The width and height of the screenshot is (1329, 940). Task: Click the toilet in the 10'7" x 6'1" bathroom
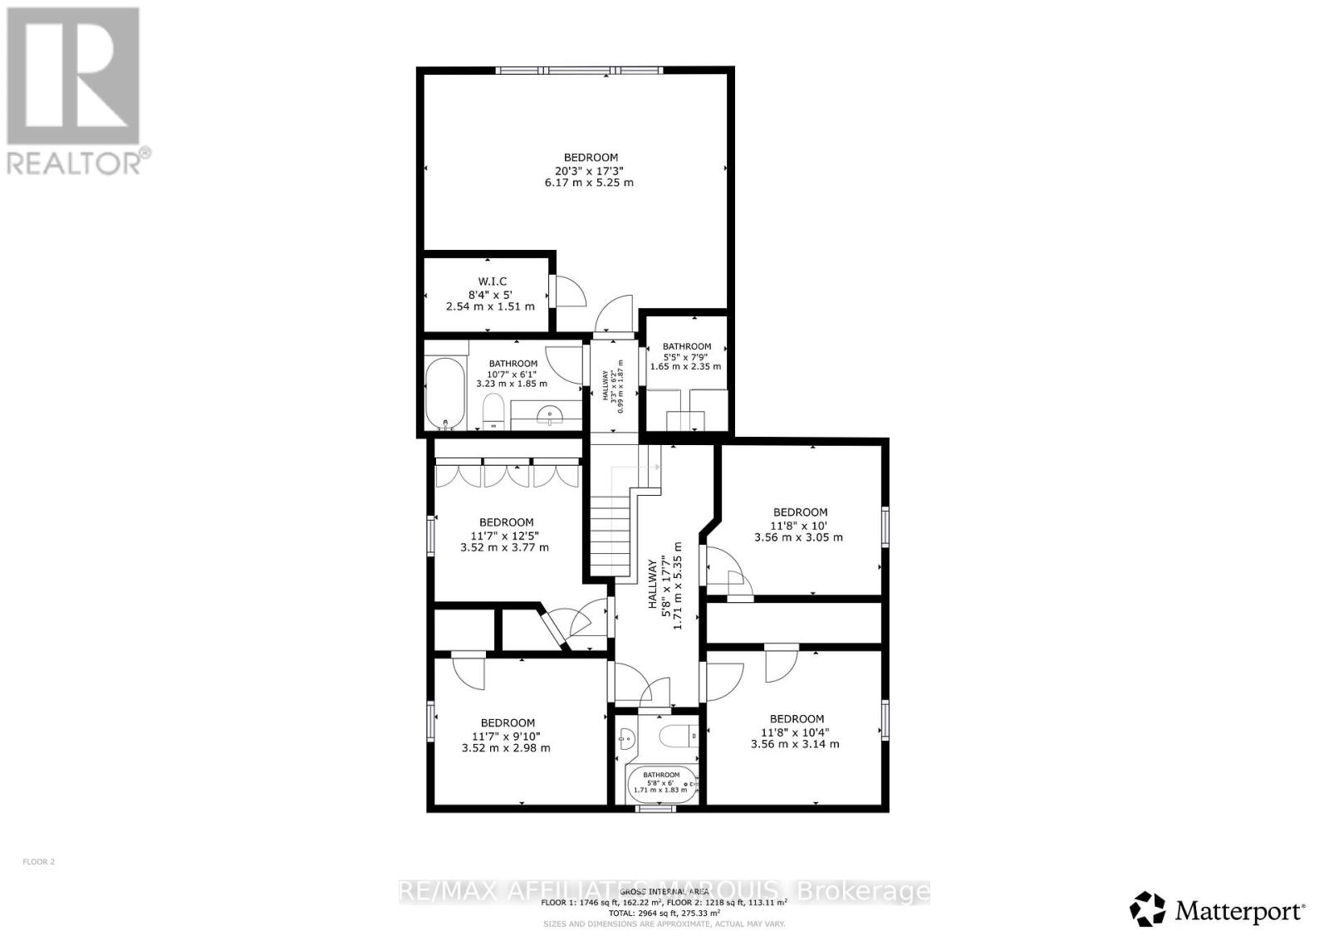493,410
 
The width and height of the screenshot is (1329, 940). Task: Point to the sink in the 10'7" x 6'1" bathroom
549,413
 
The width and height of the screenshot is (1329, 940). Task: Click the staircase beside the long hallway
611,531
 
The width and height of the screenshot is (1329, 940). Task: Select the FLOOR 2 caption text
38,862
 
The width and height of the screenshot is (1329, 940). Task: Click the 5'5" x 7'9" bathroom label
686,347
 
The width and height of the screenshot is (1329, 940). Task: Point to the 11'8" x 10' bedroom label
799,513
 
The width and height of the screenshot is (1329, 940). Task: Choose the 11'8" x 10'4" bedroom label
797,719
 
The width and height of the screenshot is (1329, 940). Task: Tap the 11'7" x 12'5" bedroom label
506,523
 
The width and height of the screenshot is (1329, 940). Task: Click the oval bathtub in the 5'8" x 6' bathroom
662,783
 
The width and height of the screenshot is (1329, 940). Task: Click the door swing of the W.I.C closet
570,291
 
